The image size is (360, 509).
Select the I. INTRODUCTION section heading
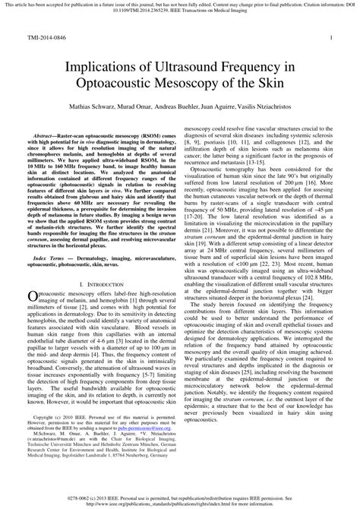pos(99,283)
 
